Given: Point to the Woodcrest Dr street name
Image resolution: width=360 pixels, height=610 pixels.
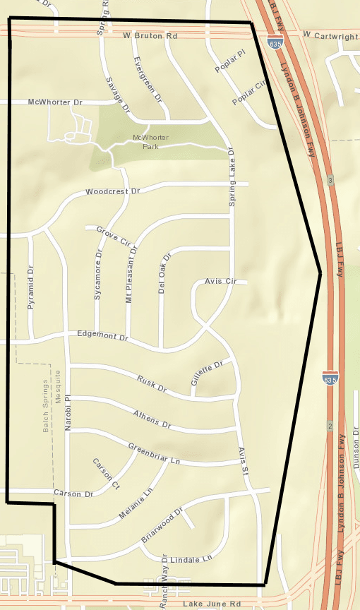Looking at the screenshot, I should pos(113,191).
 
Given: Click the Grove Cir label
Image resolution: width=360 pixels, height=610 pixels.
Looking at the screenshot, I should pos(114,236).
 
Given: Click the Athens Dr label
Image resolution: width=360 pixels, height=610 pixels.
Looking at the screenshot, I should pos(152,419).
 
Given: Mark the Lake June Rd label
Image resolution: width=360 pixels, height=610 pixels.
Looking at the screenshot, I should pos(211,604).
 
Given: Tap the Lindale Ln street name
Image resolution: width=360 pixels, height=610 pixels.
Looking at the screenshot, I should pos(191,558).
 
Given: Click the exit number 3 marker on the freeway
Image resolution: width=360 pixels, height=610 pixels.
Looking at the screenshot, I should pos(330,181).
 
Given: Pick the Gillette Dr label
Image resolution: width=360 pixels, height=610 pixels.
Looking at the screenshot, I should pos(206,373).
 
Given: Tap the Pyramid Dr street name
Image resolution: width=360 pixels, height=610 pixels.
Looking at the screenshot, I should pos(30,288).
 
